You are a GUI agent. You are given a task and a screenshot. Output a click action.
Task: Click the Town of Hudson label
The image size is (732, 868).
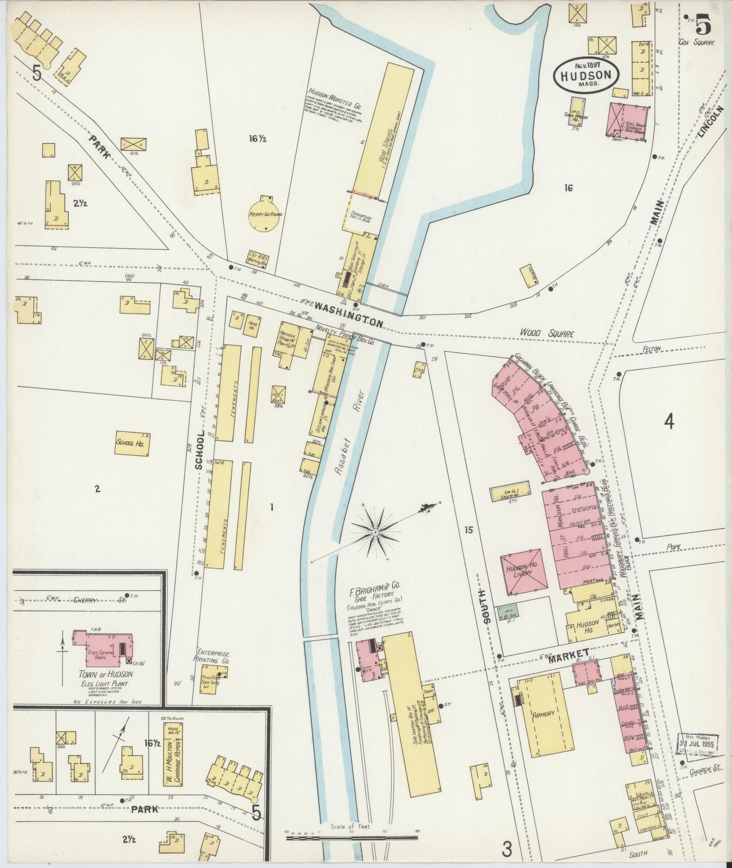[106, 674]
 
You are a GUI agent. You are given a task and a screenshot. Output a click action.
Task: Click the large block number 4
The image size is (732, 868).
[669, 421]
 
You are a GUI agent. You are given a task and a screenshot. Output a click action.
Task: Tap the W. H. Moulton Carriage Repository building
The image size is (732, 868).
[173, 753]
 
